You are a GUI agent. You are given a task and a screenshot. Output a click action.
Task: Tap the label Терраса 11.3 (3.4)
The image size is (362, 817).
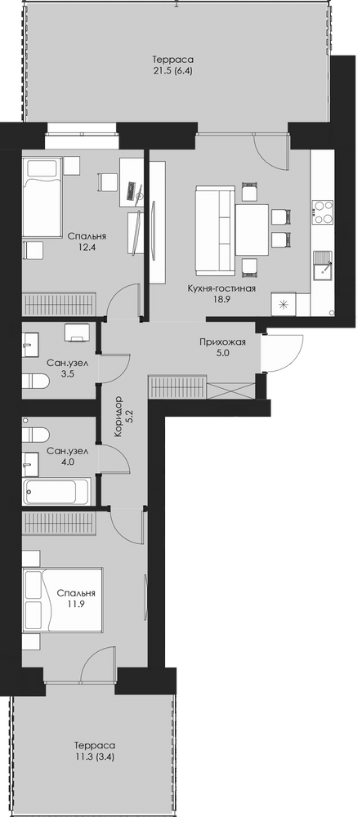[94, 751]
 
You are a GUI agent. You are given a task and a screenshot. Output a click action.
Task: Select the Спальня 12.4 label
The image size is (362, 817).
[87, 241]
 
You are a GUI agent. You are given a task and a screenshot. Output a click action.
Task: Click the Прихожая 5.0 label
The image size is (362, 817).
[222, 347]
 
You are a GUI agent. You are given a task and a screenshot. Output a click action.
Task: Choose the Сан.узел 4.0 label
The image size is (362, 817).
[67, 456]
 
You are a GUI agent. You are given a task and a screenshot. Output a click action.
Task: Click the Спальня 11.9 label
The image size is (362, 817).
[76, 599]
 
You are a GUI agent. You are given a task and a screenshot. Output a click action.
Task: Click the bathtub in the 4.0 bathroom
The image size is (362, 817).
[56, 491]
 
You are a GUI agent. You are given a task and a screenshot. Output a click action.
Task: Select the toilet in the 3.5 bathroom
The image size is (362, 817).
[35, 382]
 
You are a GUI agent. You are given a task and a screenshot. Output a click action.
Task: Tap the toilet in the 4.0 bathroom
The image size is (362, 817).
[35, 435]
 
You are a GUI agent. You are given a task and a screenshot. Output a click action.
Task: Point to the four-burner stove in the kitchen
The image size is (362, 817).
[323, 212]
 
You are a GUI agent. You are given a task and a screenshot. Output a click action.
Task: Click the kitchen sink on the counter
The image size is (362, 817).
[323, 266]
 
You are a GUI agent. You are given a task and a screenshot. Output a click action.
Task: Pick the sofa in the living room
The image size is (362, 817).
[215, 230]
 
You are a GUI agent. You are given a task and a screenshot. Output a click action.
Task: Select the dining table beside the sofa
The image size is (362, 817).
[253, 230]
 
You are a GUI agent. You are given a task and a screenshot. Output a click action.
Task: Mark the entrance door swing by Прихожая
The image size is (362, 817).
[282, 353]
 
